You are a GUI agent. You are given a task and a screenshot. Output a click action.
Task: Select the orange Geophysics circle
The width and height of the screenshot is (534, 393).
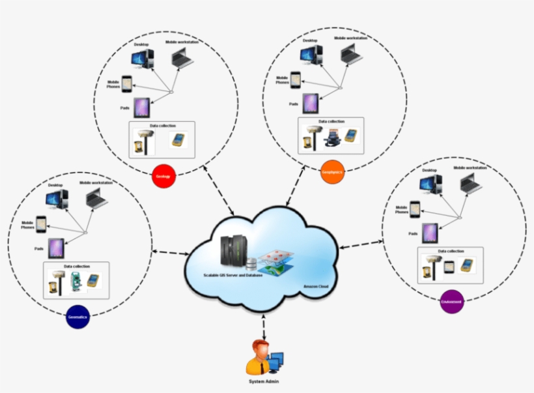(332, 173)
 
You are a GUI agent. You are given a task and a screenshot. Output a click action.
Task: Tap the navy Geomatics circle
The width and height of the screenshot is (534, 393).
(77, 317)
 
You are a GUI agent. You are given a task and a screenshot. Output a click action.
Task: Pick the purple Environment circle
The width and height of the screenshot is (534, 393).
(451, 302)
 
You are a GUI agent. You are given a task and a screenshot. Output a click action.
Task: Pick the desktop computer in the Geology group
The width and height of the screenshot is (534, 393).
(142, 59)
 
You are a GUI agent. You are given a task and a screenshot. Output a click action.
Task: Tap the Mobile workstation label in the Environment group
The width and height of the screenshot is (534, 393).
(470, 168)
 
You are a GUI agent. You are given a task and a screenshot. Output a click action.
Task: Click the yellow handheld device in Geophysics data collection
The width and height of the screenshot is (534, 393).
(351, 135)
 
